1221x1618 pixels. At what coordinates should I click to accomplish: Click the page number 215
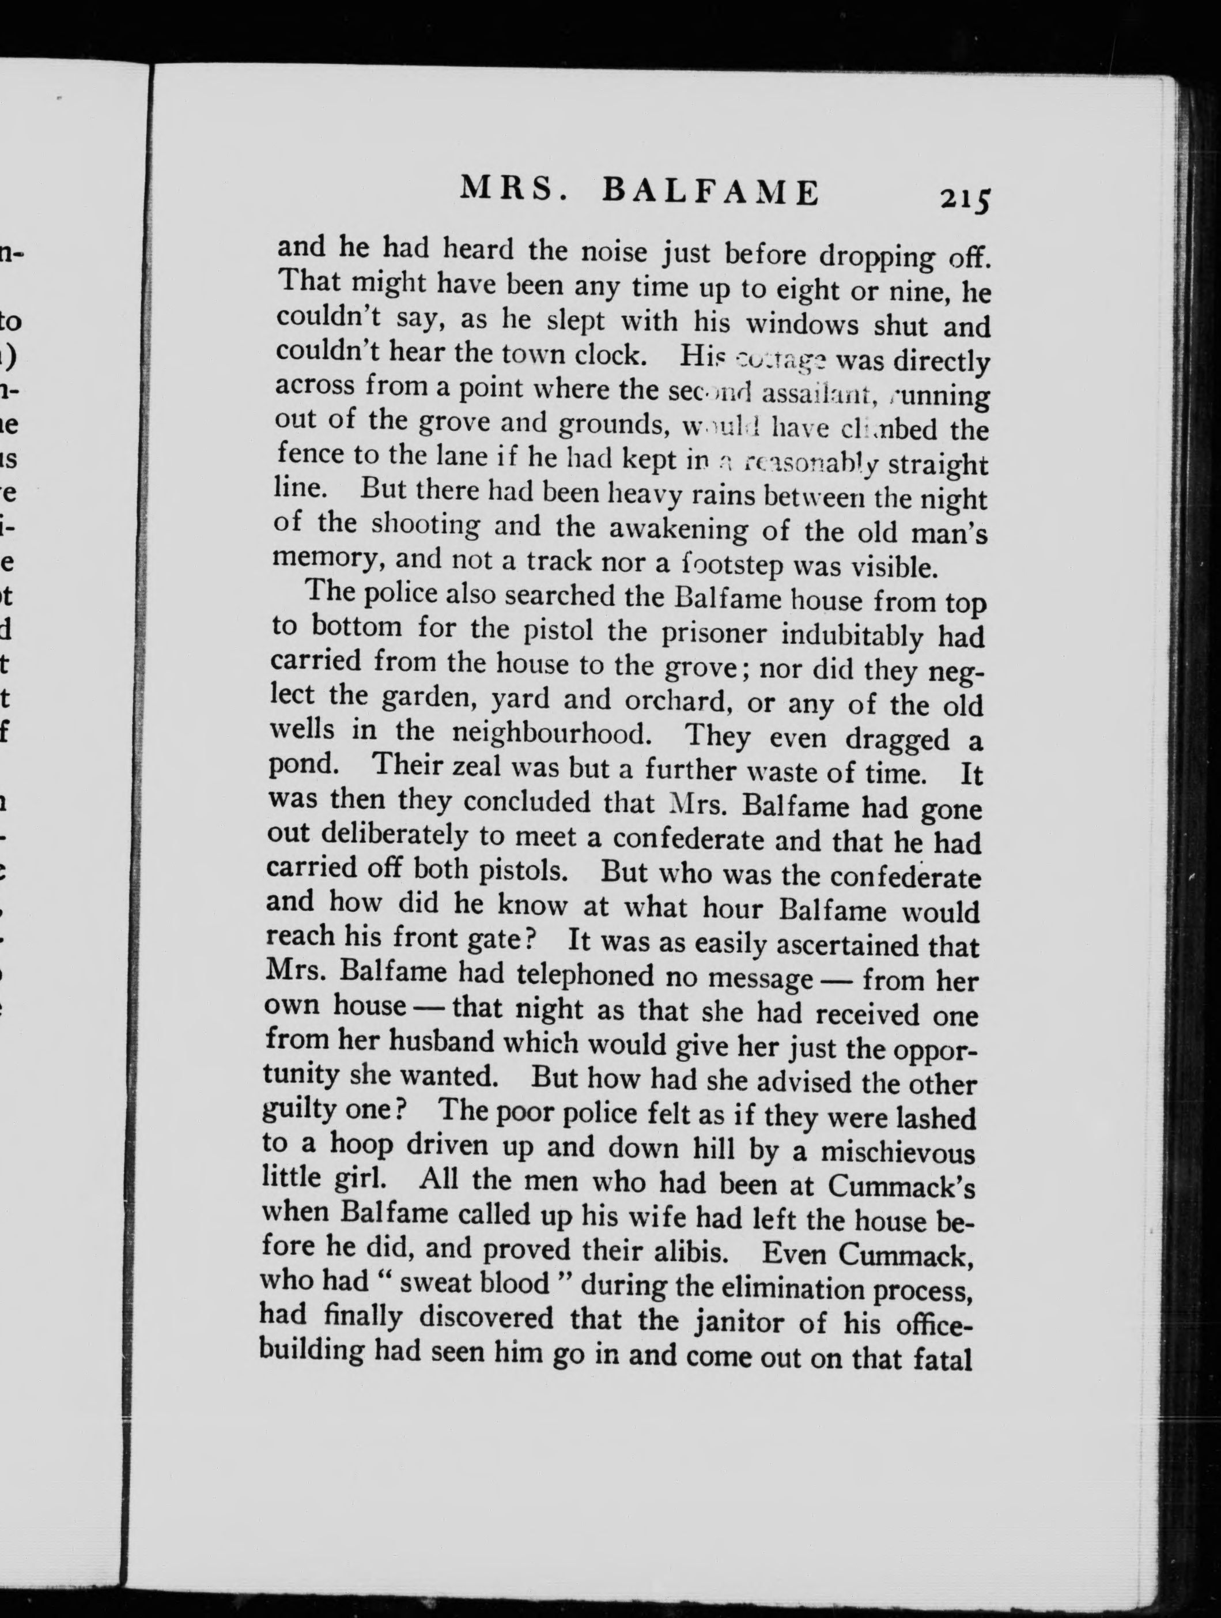[965, 199]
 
